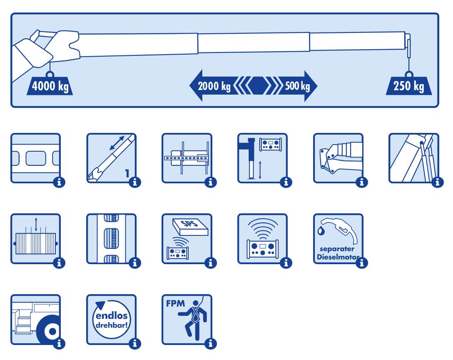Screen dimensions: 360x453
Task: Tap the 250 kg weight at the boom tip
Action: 409,86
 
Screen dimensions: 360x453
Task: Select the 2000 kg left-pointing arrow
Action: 212,86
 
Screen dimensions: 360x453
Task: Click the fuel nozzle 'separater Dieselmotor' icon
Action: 338,238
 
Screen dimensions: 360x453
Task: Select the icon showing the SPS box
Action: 187,238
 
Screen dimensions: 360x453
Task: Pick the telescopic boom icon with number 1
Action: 111,158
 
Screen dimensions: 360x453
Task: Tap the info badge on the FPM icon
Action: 211,343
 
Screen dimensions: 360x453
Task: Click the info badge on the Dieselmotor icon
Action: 362,262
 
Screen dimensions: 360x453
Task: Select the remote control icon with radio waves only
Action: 262,238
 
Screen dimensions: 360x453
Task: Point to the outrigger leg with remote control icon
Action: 262,158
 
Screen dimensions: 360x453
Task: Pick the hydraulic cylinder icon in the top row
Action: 413,158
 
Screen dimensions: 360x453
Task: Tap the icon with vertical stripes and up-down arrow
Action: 35,238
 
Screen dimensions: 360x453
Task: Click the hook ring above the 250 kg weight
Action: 409,74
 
